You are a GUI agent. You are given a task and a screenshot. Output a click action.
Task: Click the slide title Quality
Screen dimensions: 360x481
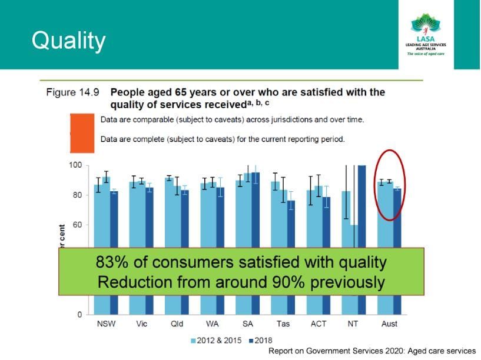[68, 41]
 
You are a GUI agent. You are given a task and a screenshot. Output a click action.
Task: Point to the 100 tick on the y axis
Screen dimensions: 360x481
[74, 165]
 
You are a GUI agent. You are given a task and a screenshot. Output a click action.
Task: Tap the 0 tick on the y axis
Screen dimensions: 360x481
[79, 315]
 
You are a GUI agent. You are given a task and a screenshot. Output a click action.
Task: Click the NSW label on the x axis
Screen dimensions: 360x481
[106, 324]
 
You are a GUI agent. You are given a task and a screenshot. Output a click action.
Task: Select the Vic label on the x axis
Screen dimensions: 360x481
[141, 324]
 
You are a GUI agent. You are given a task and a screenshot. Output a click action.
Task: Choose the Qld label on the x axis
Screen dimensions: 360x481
[177, 324]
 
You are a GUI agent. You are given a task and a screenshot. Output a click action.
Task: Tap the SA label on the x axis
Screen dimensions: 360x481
[247, 324]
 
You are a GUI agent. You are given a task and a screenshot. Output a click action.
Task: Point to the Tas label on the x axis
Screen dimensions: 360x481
[283, 324]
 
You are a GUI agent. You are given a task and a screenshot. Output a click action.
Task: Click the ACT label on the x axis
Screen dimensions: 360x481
[318, 324]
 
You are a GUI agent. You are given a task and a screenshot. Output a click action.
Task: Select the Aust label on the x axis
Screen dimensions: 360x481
[389, 324]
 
